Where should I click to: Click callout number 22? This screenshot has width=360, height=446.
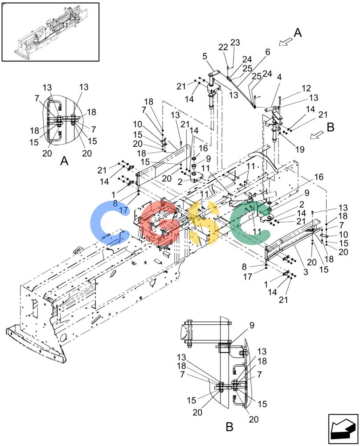coord(223,47)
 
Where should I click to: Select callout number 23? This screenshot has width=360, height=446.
coord(235,42)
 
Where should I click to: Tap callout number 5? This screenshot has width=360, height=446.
coord(205,56)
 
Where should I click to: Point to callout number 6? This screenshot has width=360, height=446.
coord(268,52)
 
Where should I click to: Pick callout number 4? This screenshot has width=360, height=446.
coord(279,77)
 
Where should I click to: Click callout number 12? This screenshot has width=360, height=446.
coord(306,88)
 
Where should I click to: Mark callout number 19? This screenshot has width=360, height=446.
coord(300,149)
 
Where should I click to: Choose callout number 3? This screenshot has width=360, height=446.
coord(306,272)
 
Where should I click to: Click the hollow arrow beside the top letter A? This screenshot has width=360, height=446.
coord(286,41)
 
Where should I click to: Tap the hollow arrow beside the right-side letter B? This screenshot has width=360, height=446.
coord(317,135)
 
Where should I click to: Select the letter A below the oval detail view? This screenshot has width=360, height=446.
coord(65,161)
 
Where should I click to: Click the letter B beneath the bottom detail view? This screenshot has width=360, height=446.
coord(229,427)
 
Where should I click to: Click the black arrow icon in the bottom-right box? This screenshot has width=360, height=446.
coord(343,429)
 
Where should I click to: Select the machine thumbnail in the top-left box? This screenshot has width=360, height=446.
coord(50,32)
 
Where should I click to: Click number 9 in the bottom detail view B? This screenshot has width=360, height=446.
coord(252,326)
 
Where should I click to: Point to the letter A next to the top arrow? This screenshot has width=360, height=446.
coord(298,33)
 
